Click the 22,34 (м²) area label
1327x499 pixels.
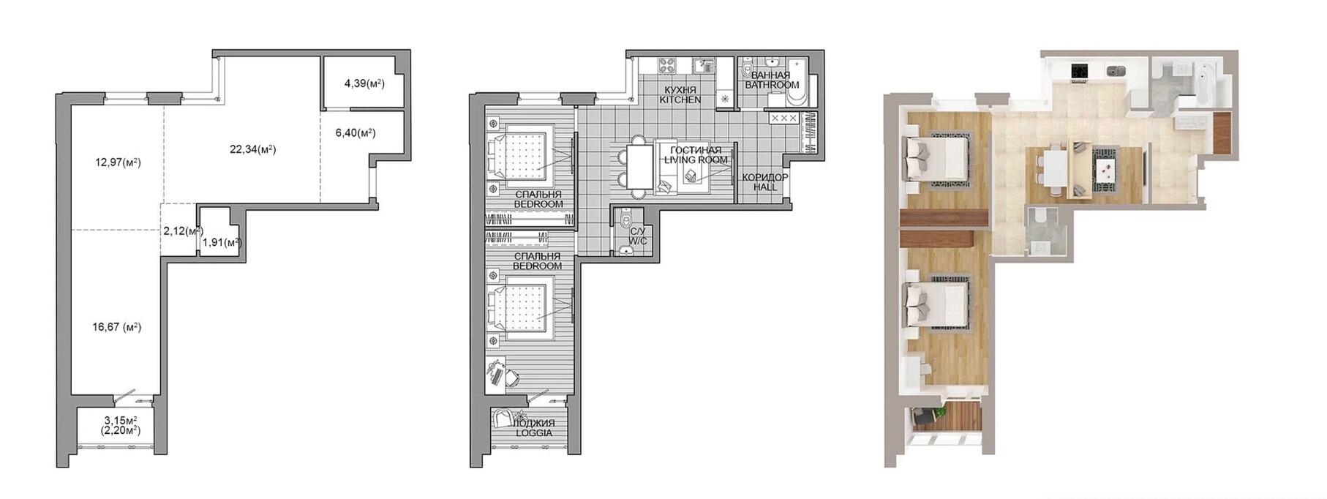coord(252,149)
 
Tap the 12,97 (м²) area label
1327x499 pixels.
coord(118,162)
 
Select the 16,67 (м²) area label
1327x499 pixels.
coord(117,327)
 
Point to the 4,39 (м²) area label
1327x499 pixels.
coord(364,83)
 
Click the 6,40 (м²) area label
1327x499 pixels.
coord(356,132)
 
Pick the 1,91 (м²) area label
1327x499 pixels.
coord(222,242)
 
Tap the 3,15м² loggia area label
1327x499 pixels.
coord(121,420)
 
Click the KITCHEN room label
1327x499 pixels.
coord(680,100)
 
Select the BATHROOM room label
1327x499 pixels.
coord(772,85)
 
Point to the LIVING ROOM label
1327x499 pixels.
coord(696,160)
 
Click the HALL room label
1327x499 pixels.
coord(765,187)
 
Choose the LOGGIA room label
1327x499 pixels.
coord(533,432)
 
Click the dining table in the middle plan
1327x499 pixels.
coord(641,168)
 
